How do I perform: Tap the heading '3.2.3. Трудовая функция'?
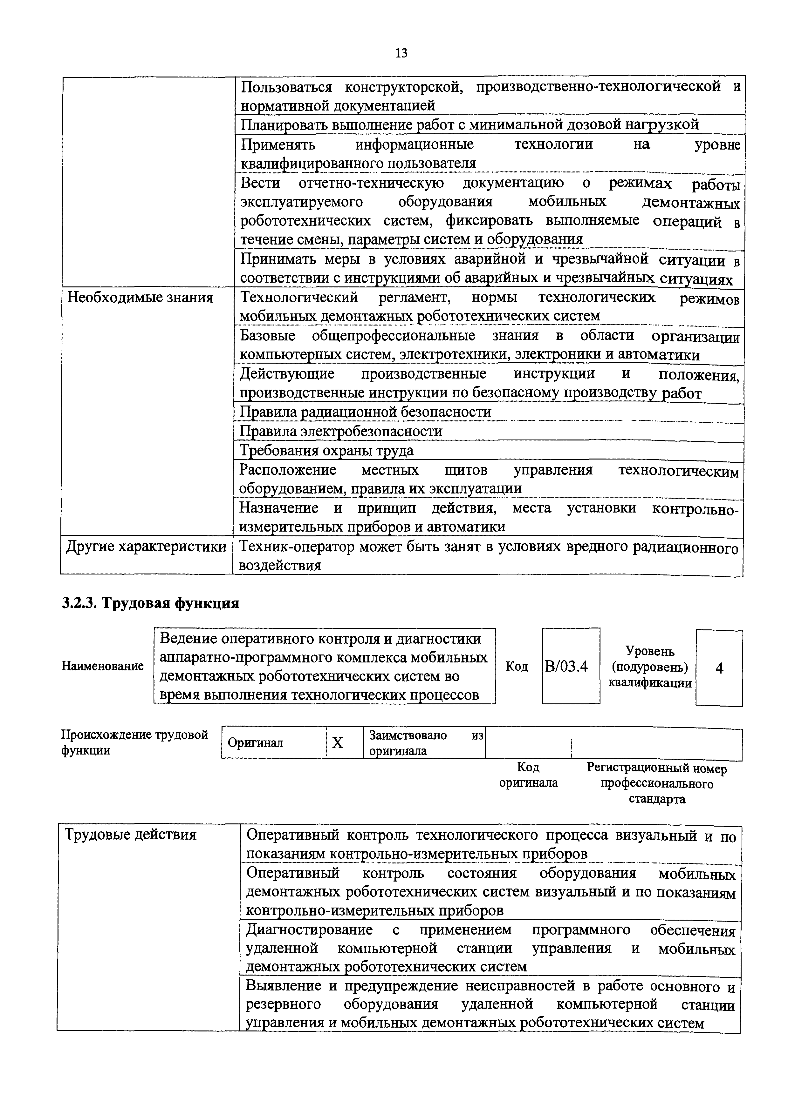coord(150,603)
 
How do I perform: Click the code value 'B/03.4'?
coord(566,667)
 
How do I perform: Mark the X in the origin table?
coord(338,743)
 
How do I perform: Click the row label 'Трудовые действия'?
coord(131,835)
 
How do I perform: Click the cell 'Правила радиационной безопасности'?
coord(366,412)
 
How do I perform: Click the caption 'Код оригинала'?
coord(528,775)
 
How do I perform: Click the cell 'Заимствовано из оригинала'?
coord(423,743)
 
